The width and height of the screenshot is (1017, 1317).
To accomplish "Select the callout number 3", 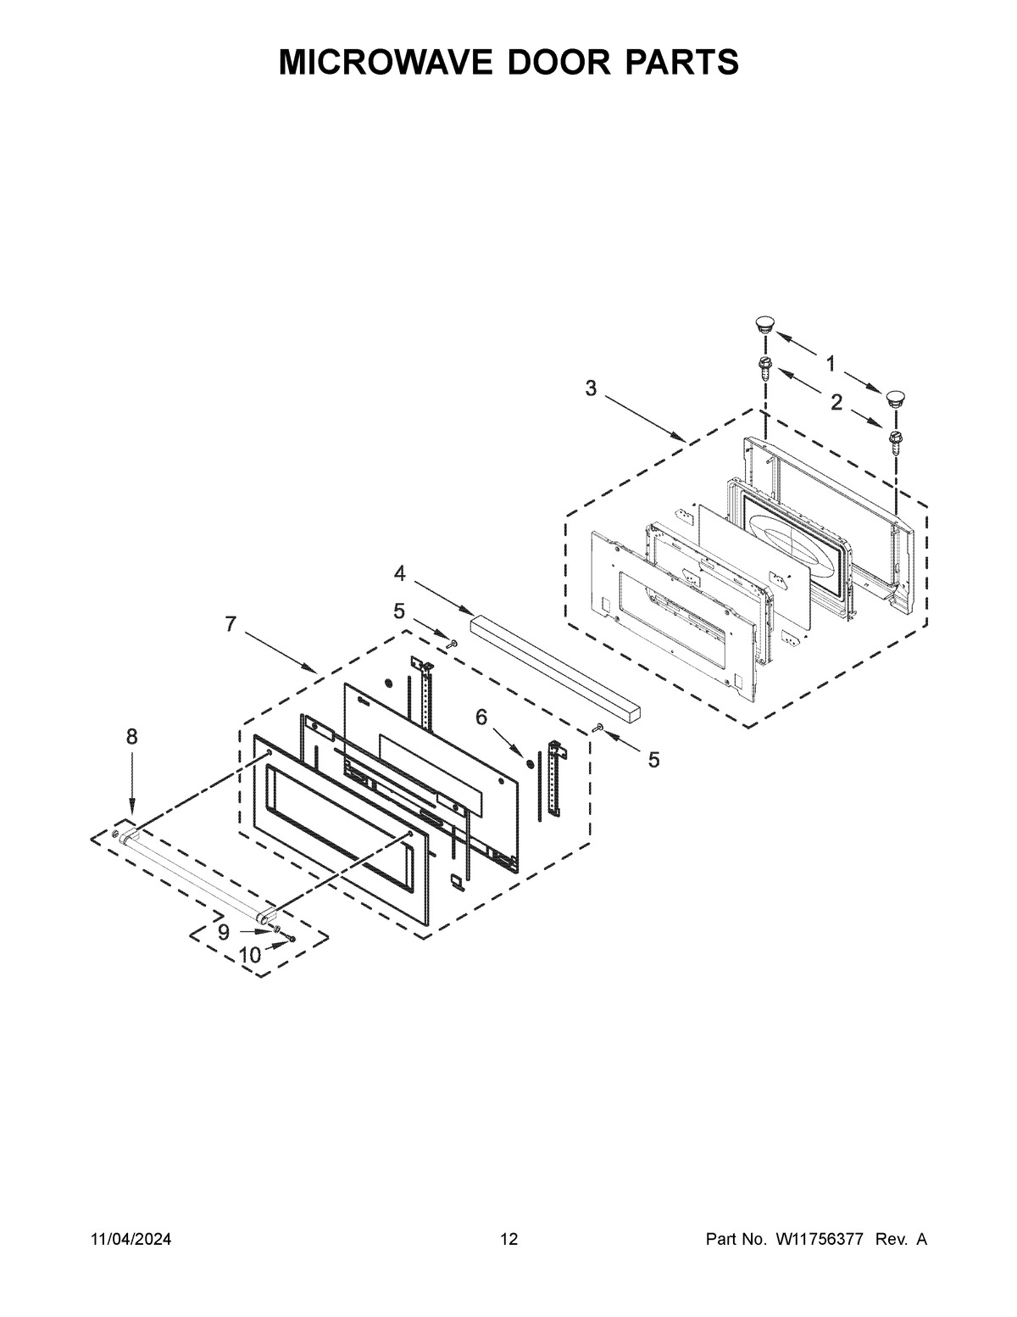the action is pos(591,388).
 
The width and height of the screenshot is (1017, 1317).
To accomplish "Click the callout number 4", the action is pos(400,572).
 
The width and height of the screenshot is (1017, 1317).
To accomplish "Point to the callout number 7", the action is pos(231,623).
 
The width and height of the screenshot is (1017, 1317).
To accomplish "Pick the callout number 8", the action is pos(132,737).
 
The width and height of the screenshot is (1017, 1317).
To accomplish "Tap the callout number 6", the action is pos(481,717).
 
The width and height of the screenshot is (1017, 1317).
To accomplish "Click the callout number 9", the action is pos(224,932).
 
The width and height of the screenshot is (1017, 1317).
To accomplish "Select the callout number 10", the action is pos(249,955).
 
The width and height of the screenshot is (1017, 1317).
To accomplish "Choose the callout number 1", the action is pos(831,365).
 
